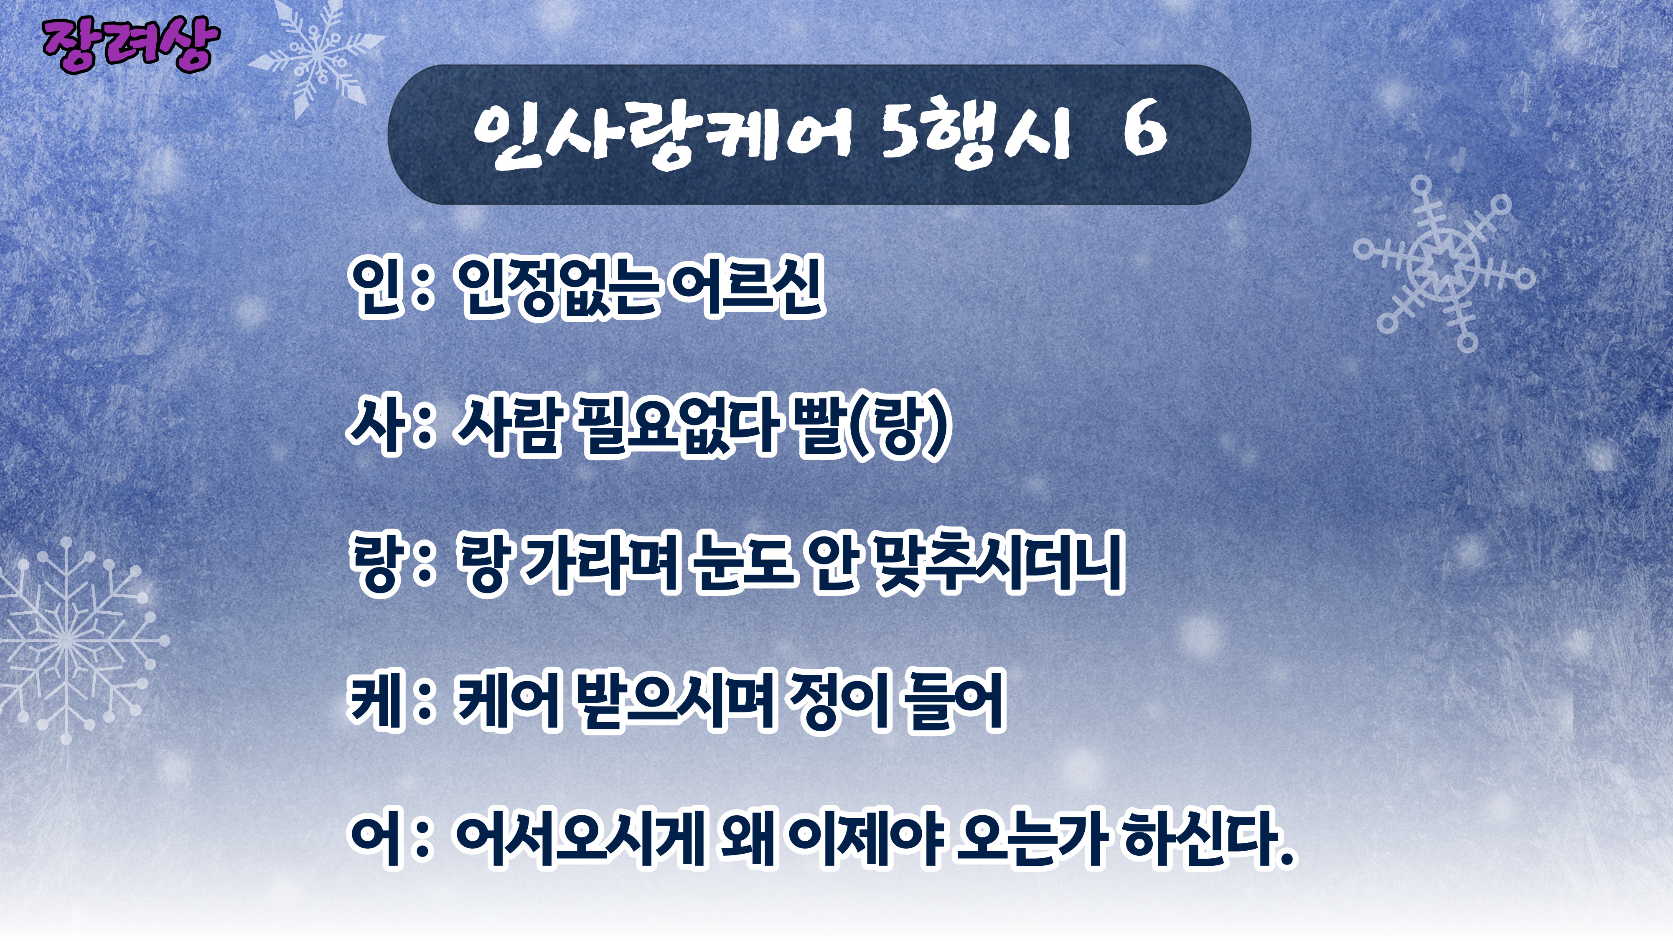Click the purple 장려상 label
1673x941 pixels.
click(130, 46)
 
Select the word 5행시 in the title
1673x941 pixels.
click(975, 136)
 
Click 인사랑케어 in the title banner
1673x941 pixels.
click(662, 136)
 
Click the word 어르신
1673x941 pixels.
click(748, 286)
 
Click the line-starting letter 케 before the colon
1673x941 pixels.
click(374, 702)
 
